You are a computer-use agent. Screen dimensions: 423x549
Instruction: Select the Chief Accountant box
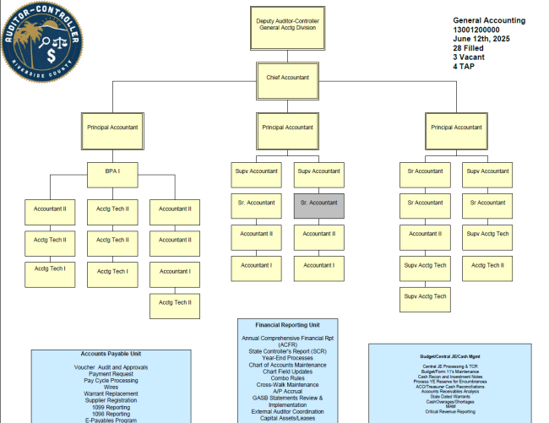287,78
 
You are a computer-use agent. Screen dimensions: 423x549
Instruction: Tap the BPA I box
112,171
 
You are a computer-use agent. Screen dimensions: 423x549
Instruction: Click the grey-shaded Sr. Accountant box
318,203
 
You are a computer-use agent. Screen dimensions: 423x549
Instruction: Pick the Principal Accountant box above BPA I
112,127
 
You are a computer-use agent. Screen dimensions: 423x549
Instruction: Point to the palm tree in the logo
31,39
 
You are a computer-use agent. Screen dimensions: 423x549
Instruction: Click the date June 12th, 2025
481,39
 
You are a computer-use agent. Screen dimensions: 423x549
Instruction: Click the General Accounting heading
489,20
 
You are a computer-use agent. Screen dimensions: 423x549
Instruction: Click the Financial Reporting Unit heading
288,324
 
